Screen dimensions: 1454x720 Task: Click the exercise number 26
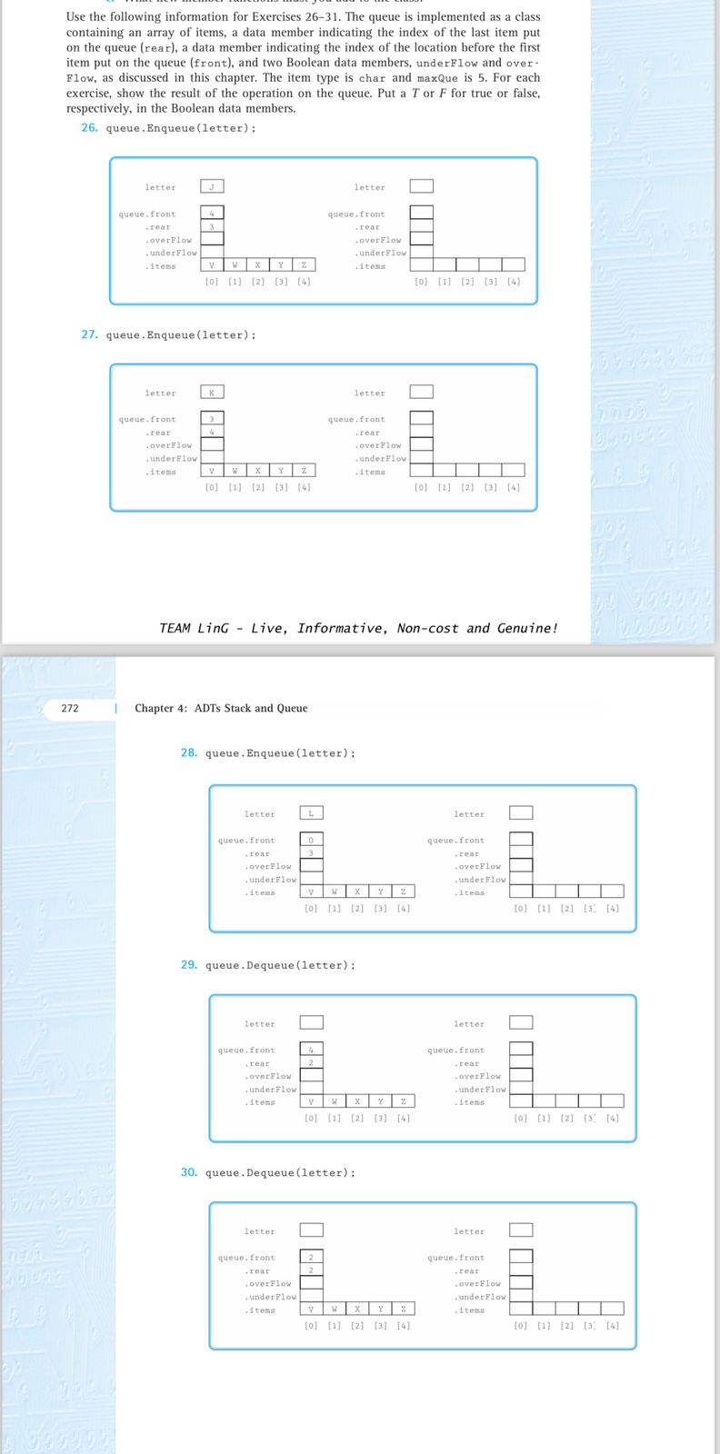click(x=89, y=128)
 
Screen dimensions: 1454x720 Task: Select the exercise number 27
click(x=89, y=334)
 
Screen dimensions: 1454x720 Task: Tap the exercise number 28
click(x=189, y=752)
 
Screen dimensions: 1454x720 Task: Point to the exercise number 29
click(x=189, y=964)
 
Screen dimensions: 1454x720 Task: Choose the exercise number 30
click(x=189, y=1172)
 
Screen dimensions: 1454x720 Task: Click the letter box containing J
click(x=212, y=186)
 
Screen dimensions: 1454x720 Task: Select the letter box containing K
click(x=212, y=393)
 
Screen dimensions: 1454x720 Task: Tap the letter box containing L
click(x=311, y=813)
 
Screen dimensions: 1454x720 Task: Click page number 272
click(x=70, y=708)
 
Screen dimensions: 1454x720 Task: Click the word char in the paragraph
click(x=372, y=78)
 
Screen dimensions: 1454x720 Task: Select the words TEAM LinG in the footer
click(x=194, y=628)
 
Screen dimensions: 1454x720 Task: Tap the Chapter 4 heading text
click(x=221, y=708)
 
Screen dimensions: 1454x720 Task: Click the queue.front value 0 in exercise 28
click(x=311, y=840)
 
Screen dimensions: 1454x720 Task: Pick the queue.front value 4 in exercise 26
click(x=212, y=214)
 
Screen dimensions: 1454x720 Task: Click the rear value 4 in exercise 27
click(x=212, y=433)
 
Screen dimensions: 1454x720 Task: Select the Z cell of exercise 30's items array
click(x=403, y=1309)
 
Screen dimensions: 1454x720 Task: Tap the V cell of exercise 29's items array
click(x=311, y=1101)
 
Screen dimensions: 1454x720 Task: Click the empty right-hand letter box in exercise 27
click(x=421, y=392)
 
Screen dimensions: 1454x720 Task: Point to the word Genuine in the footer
click(x=526, y=628)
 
